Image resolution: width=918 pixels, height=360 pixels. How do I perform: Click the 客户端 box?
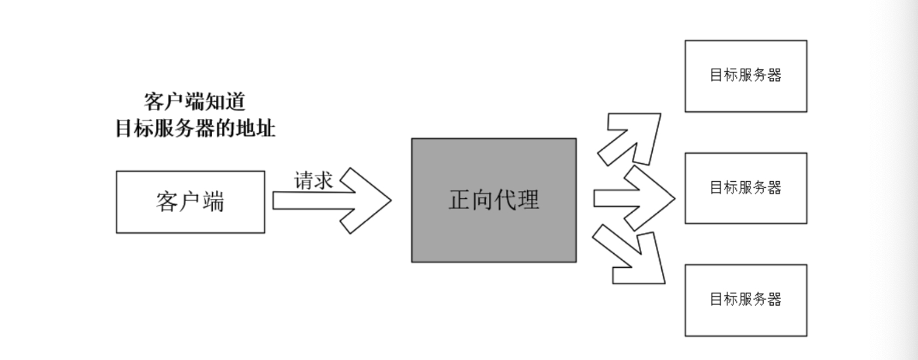pos(190,202)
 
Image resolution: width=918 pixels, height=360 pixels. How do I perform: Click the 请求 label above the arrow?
pos(313,180)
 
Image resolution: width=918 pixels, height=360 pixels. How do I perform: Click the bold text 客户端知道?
pos(194,102)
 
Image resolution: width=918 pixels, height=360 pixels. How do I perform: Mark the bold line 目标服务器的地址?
pos(194,128)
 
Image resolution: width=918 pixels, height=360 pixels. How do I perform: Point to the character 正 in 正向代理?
pos(460,200)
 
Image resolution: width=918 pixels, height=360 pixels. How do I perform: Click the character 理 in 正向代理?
pos(528,200)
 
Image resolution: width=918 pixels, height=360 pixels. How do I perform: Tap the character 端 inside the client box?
pos(213,202)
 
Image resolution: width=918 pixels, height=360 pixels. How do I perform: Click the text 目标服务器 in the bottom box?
pos(745,300)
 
